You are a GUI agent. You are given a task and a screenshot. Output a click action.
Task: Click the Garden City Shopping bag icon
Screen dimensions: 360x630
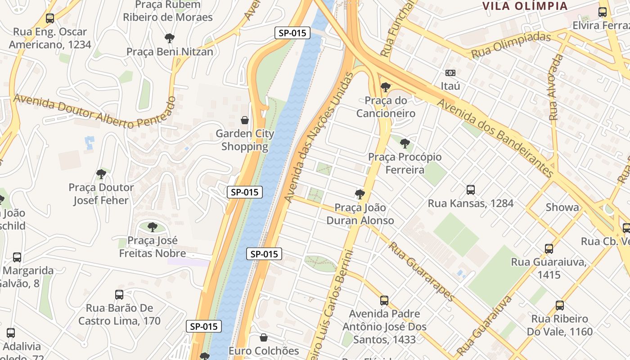click(245, 120)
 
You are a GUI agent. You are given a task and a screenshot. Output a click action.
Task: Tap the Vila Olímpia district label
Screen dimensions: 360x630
click(525, 6)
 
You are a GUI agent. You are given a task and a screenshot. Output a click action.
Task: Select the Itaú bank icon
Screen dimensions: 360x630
click(450, 73)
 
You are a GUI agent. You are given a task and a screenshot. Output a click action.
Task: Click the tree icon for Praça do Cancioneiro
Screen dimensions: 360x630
click(385, 87)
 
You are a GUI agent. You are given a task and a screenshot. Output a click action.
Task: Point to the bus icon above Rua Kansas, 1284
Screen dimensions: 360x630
click(471, 190)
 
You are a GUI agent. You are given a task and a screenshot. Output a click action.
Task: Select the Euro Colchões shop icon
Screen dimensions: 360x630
click(264, 337)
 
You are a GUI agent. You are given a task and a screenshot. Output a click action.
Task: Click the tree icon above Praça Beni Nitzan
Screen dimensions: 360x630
click(169, 38)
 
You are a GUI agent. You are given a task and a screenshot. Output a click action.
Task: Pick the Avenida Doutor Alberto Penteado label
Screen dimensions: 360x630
click(94, 111)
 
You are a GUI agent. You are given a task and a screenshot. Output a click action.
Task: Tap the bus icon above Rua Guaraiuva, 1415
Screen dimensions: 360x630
click(549, 249)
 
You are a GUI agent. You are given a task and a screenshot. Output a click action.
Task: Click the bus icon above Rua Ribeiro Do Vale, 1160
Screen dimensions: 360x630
click(560, 306)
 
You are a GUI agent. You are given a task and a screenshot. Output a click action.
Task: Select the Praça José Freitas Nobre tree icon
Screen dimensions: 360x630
click(153, 227)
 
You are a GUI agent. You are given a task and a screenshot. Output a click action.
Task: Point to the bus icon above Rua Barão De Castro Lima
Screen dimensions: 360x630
click(119, 295)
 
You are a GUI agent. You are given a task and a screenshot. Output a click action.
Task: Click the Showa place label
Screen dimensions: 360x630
click(562, 207)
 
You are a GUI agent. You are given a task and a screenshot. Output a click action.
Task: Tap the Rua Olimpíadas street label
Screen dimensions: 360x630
click(511, 45)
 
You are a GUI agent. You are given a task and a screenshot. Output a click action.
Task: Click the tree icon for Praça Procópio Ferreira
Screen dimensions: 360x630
click(405, 144)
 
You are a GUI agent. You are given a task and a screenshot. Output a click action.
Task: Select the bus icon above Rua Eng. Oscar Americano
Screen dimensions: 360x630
click(50, 18)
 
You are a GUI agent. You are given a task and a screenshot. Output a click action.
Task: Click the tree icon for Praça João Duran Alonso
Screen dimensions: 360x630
click(360, 194)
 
